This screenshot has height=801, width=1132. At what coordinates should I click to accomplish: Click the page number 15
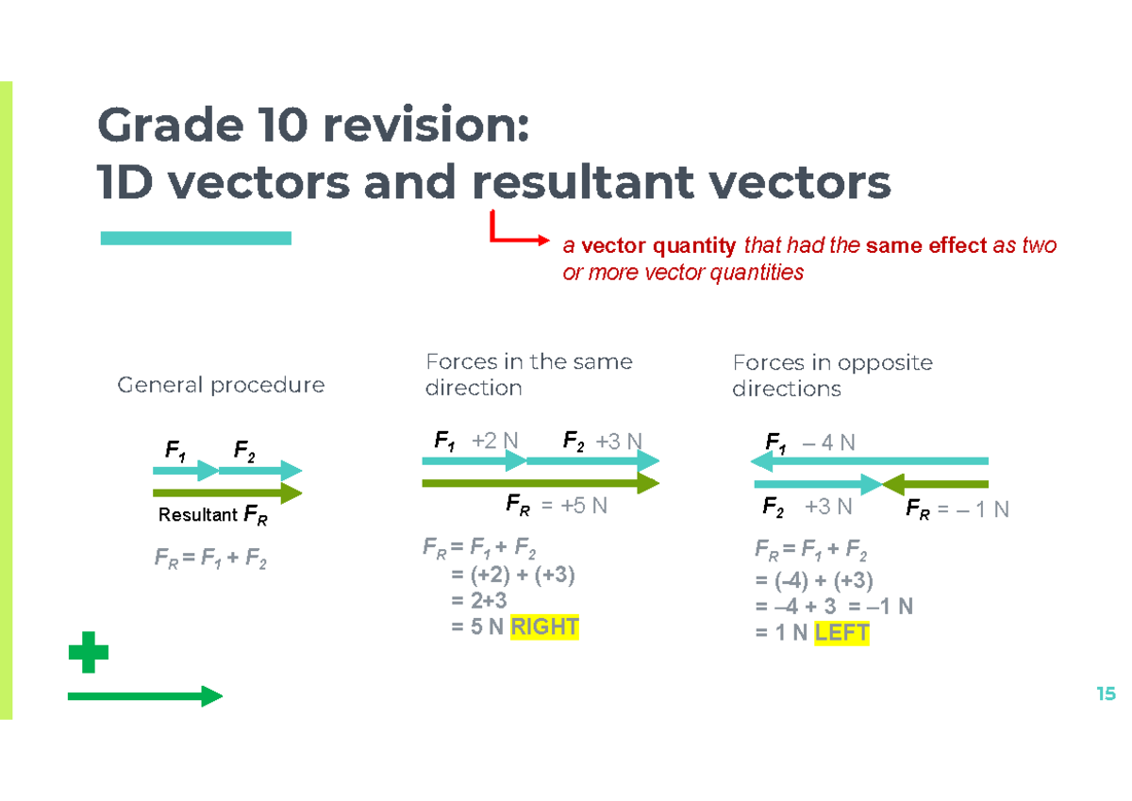pyautogui.click(x=1106, y=694)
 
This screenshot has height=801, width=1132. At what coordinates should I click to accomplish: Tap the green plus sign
pyautogui.click(x=89, y=653)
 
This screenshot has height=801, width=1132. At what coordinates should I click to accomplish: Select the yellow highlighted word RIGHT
pyautogui.click(x=544, y=627)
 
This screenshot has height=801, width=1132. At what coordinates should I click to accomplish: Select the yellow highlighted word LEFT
pyautogui.click(x=841, y=634)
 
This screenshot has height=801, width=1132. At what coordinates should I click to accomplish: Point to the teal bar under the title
pyautogui.click(x=195, y=238)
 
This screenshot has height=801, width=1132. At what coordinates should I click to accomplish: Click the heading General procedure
pyautogui.click(x=221, y=385)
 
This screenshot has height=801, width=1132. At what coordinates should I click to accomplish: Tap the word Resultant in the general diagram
pyautogui.click(x=197, y=515)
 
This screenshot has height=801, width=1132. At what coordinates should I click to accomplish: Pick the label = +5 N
pyautogui.click(x=574, y=506)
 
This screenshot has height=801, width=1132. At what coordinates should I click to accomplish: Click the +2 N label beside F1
pyautogui.click(x=495, y=440)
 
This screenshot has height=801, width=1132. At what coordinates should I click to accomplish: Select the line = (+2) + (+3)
pyautogui.click(x=513, y=576)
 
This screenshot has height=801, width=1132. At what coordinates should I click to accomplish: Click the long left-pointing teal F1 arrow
pyautogui.click(x=868, y=461)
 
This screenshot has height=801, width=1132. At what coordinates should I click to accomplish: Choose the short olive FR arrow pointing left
pyautogui.click(x=934, y=485)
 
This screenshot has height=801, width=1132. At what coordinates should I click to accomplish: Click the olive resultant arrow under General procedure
pyautogui.click(x=226, y=492)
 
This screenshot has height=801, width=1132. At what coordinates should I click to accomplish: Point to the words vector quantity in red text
pyautogui.click(x=658, y=246)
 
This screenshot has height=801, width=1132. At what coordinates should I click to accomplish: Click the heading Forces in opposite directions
pyautogui.click(x=832, y=375)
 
